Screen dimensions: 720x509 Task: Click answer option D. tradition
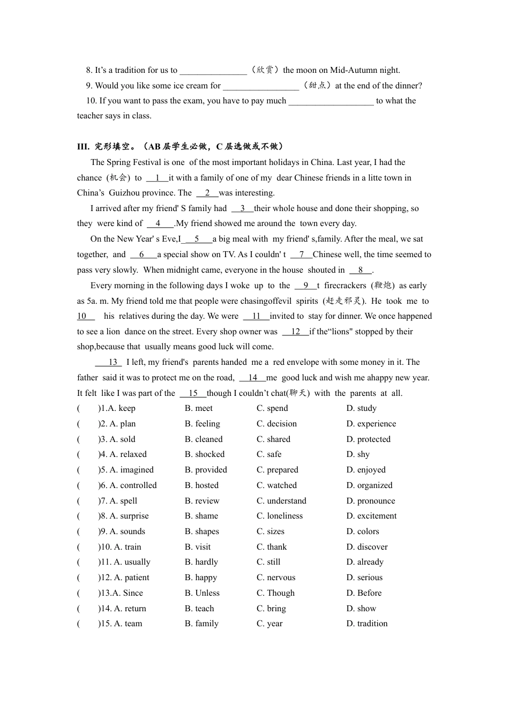[366, 624]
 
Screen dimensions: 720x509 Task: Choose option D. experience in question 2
[371, 424]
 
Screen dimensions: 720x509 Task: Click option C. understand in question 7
[281, 501]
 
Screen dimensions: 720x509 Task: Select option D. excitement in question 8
[371, 516]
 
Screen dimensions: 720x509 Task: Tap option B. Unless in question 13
[202, 593]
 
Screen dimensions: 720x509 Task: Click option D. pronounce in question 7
[370, 501]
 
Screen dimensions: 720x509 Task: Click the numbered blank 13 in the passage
[112, 362]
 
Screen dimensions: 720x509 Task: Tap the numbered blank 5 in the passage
[197, 239]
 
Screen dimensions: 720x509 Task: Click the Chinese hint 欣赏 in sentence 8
[265, 70]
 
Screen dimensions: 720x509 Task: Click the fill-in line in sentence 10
[331, 101]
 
